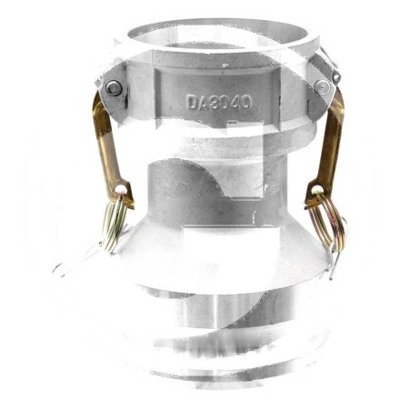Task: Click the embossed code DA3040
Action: pos(219,102)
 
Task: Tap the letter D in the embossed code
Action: pos(192,102)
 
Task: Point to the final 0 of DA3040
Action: pos(246,102)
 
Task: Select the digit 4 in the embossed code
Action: pos(235,102)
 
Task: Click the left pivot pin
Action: pos(114,88)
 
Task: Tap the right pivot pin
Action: pos(322,87)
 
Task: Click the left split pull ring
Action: pos(114,222)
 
